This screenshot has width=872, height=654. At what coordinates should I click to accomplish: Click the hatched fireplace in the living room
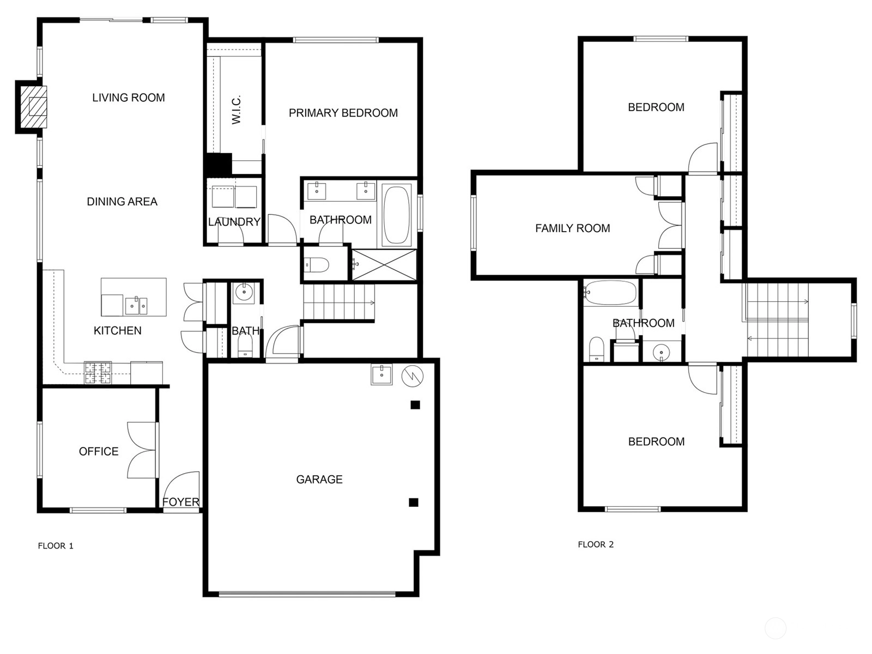pos(34,107)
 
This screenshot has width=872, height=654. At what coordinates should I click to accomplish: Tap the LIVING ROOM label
pos(128,98)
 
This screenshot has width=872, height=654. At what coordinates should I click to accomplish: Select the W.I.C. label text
pos(236,110)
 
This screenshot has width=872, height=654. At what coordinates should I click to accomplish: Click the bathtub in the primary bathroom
pos(396,214)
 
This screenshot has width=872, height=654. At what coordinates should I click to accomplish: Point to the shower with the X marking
pos(384,265)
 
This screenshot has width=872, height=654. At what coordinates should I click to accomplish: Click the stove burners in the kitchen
pos(98,372)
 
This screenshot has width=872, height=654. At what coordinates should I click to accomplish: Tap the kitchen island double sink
pos(136,305)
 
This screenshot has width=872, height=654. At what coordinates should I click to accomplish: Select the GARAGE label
pos(319,479)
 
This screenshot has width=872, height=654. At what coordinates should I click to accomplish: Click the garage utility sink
pos(382,374)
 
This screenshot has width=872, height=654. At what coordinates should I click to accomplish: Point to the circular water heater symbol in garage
pos(413,376)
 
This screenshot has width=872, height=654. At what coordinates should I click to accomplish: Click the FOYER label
pos(181,502)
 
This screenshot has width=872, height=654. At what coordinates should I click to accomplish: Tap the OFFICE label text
pos(99,451)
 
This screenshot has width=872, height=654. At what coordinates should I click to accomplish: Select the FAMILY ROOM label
pos(572,228)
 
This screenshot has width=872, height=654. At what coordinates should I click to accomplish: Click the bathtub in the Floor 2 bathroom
pos(610,293)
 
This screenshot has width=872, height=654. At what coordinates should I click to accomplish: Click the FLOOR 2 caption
pos(596,544)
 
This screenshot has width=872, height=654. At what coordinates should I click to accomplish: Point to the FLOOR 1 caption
pos(56,546)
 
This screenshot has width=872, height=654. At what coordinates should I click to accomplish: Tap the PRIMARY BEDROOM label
pos(343,113)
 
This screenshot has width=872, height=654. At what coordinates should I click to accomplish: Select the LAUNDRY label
pos(234,222)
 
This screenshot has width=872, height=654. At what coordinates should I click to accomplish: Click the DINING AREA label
pos(122,202)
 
